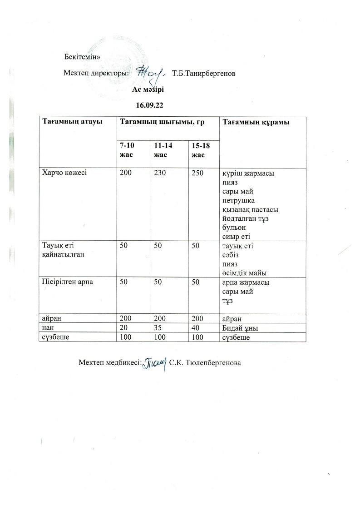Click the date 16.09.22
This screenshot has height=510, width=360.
pyautogui.click(x=149, y=105)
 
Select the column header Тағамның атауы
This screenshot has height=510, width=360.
pyautogui.click(x=72, y=122)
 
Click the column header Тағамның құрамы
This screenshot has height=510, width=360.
pyautogui.click(x=256, y=122)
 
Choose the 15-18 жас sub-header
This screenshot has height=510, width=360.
pyautogui.click(x=198, y=149)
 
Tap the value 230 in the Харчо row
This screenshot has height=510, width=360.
pyautogui.click(x=160, y=173)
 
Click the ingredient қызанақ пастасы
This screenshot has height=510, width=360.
pyautogui.click(x=250, y=210)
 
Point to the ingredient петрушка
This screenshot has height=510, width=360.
pyautogui.click(x=239, y=201)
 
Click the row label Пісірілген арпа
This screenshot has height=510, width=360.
pyautogui.click(x=68, y=282)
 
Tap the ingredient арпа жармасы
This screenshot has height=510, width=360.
pyautogui.click(x=245, y=282)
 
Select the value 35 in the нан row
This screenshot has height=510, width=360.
pyautogui.click(x=158, y=328)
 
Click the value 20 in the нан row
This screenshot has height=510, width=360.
pyautogui.click(x=123, y=328)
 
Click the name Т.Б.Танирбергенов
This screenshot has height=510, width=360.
pyautogui.click(x=204, y=73)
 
